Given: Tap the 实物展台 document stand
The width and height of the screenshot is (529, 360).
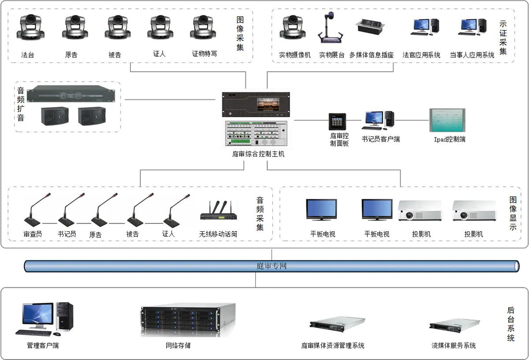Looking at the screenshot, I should [x=331, y=29].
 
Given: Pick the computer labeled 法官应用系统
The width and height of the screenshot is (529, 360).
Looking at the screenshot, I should [x=424, y=27].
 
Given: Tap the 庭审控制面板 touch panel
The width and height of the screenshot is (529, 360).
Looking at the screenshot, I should [x=337, y=122].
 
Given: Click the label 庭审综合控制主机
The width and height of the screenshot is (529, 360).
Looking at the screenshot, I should [x=258, y=154].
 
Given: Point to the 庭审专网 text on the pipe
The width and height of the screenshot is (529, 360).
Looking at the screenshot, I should [x=272, y=266].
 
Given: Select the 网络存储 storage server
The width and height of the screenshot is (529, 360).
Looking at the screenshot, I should [x=187, y=320].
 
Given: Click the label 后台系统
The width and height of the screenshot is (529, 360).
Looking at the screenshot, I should [x=510, y=324].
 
